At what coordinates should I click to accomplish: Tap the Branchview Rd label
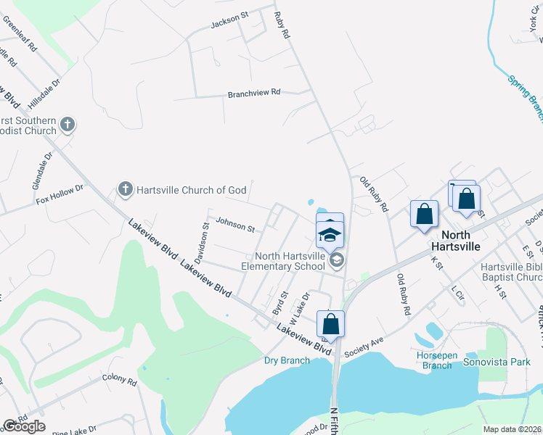coord(253,94)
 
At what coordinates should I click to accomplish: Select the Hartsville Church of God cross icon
coord(125,190)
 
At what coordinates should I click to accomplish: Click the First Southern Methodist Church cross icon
coord(68,125)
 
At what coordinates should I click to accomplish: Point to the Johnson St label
coord(234,225)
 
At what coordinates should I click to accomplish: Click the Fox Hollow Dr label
coord(60,194)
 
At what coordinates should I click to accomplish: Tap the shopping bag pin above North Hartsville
coord(425,214)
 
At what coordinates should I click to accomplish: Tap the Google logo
coord(24,426)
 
